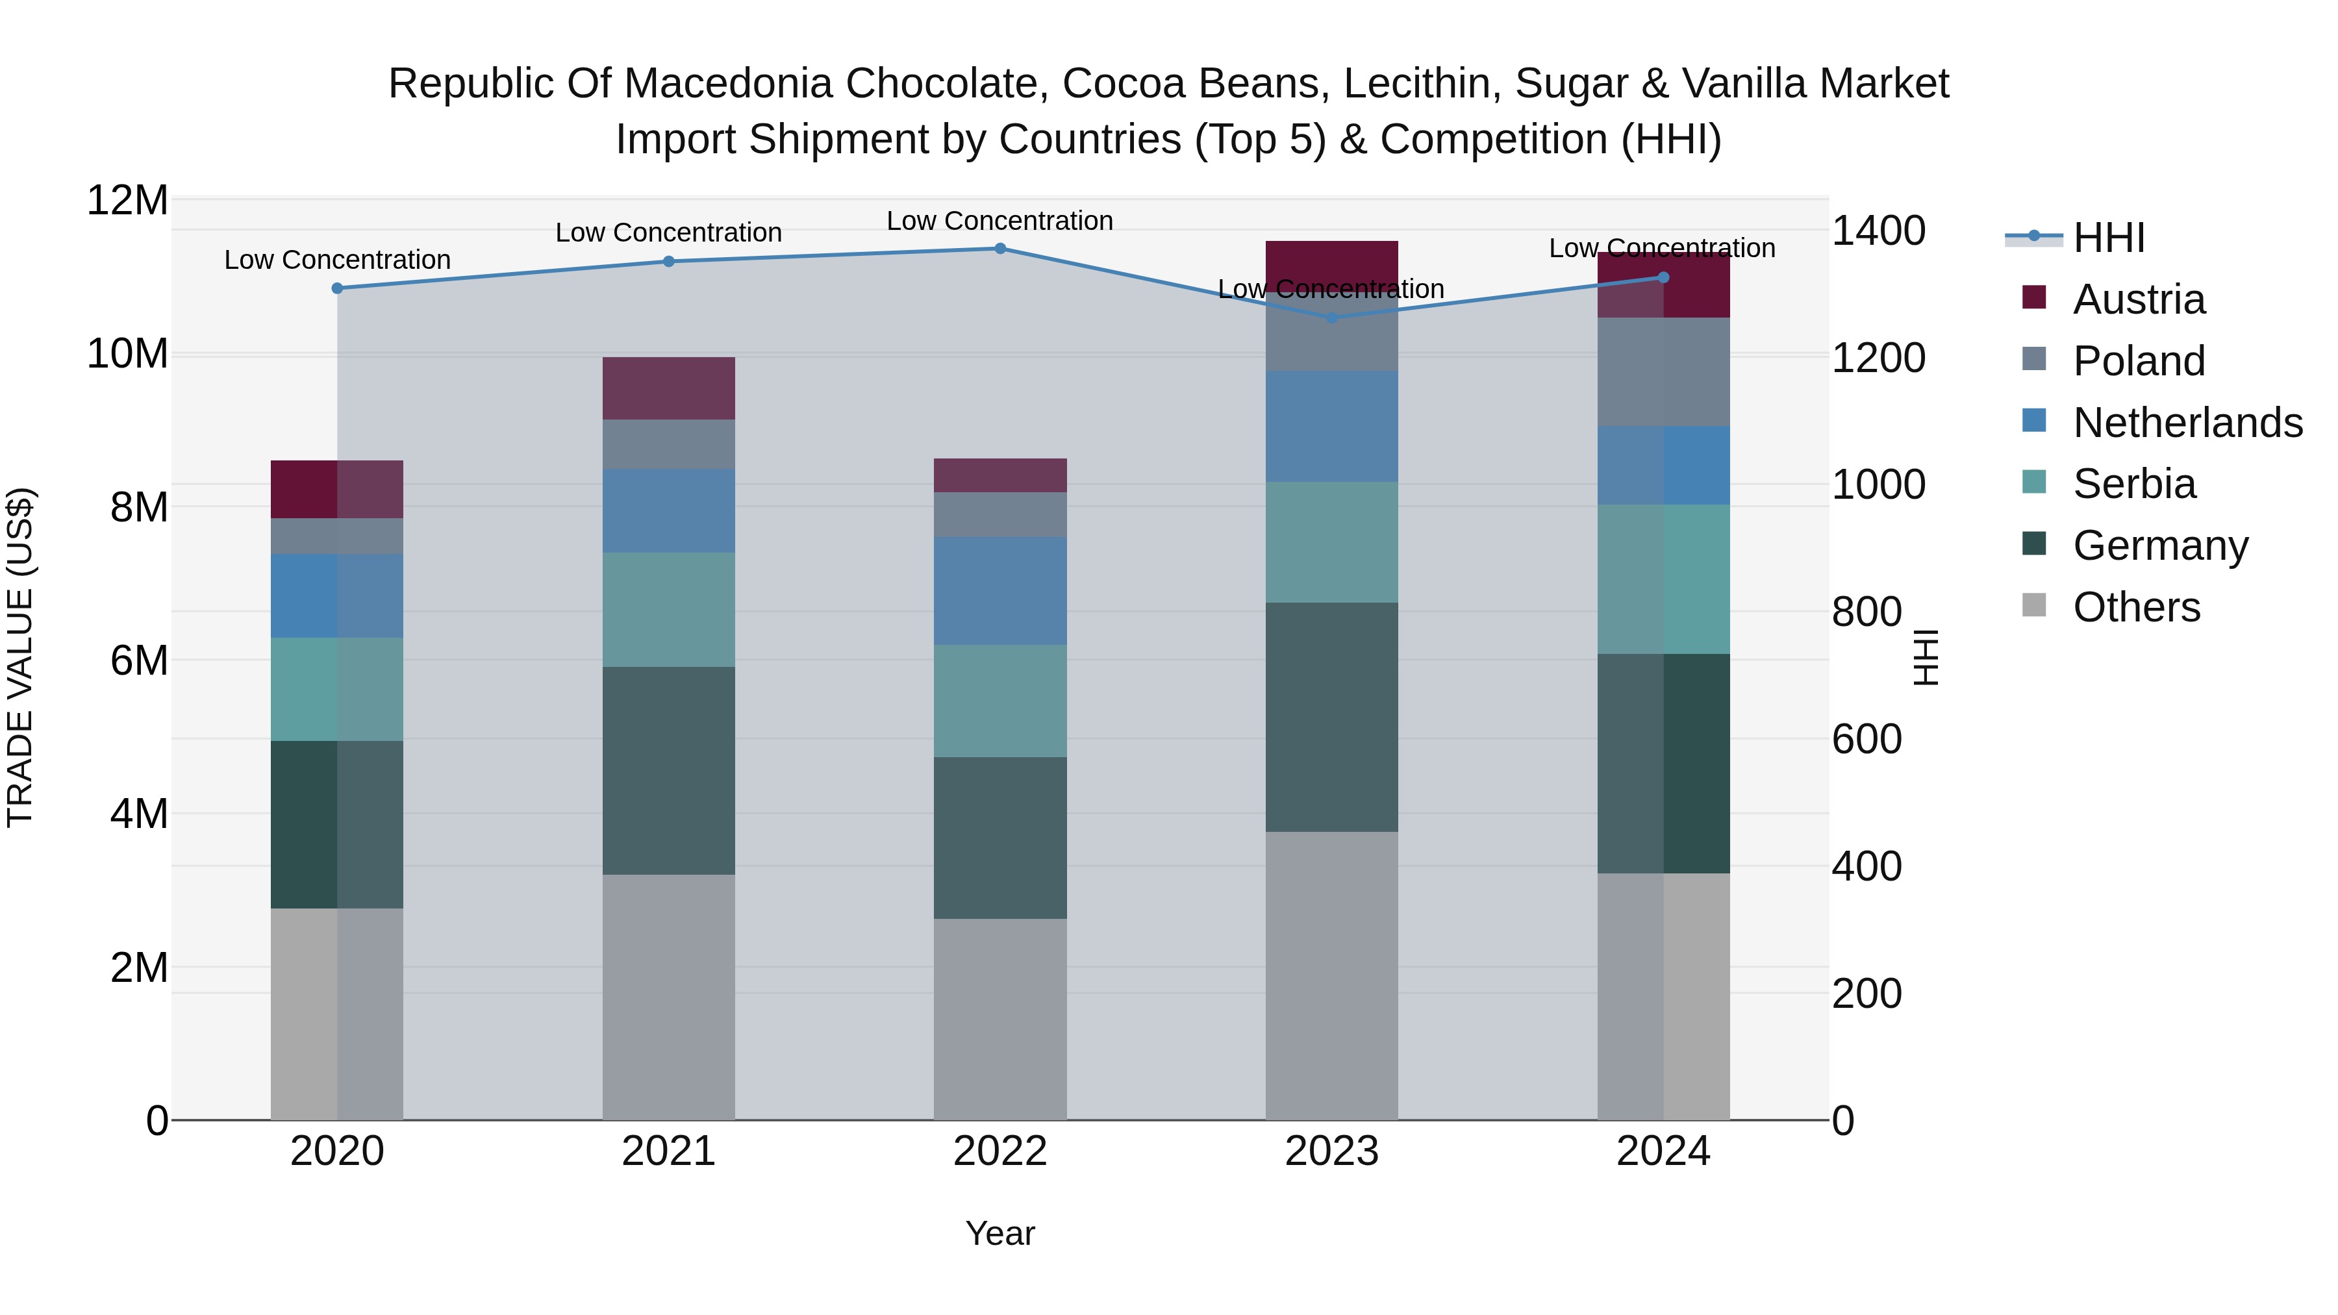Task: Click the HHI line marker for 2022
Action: tap(999, 248)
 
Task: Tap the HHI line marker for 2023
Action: tap(1331, 318)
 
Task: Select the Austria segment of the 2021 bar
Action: tap(668, 388)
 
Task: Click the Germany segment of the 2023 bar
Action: tap(1331, 717)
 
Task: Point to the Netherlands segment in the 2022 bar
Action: tap(999, 591)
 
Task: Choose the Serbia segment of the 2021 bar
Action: tap(668, 610)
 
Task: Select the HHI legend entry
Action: tap(2108, 238)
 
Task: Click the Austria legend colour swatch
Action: tap(2034, 297)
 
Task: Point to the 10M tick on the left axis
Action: tap(127, 353)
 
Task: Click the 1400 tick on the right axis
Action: tap(1878, 231)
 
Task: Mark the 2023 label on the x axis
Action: tap(1331, 1151)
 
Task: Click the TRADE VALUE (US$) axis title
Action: tap(20, 657)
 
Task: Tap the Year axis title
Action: tap(999, 1233)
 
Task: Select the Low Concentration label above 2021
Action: tap(668, 232)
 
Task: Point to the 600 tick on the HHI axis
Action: tap(1866, 739)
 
